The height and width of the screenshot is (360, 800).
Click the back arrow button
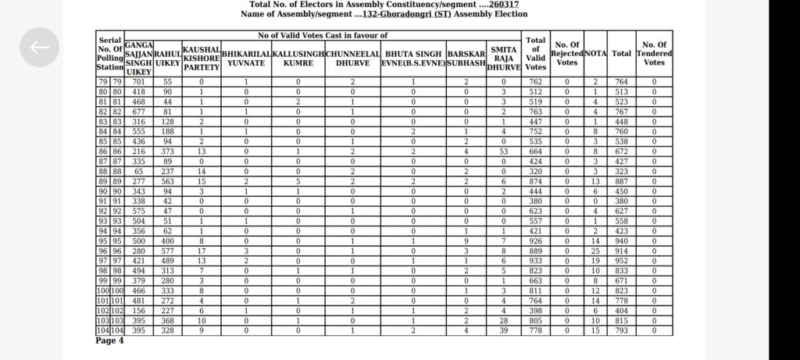pos(39,47)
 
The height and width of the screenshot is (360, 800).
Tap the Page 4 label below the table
pos(109,340)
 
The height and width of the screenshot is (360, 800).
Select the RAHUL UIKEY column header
pos(167,58)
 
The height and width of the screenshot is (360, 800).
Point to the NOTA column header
pos(595,54)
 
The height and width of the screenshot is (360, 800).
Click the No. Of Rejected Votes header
pos(566,54)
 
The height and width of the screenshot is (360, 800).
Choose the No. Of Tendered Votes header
pos(654,54)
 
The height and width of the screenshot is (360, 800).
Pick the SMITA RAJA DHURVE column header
pos(504,58)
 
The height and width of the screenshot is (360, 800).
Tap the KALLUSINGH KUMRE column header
pos(298,58)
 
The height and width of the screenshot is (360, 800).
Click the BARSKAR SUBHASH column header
pos(466,58)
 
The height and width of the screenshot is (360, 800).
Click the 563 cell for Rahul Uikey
pos(167,180)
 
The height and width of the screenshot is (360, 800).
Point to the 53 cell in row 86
pos(504,151)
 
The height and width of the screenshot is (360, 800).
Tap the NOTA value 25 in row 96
pos(595,251)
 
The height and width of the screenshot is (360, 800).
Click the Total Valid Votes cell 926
pos(535,241)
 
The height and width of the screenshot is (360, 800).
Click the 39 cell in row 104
pos(504,331)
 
